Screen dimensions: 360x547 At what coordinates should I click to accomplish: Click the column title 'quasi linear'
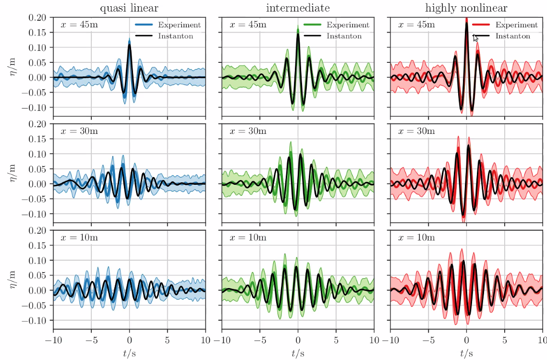129,8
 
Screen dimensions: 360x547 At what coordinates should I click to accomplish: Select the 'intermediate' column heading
298,8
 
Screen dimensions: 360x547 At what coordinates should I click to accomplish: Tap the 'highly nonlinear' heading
466,8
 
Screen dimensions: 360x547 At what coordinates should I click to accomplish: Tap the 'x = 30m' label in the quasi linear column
80,132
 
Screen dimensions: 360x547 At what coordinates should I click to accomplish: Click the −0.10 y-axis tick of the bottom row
35,320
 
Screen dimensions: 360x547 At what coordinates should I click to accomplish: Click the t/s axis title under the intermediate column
298,354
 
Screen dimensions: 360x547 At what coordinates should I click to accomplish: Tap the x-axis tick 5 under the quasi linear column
167,340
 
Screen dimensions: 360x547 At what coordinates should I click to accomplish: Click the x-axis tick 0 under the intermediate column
298,340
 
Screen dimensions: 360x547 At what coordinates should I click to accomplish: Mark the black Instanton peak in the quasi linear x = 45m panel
129,45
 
